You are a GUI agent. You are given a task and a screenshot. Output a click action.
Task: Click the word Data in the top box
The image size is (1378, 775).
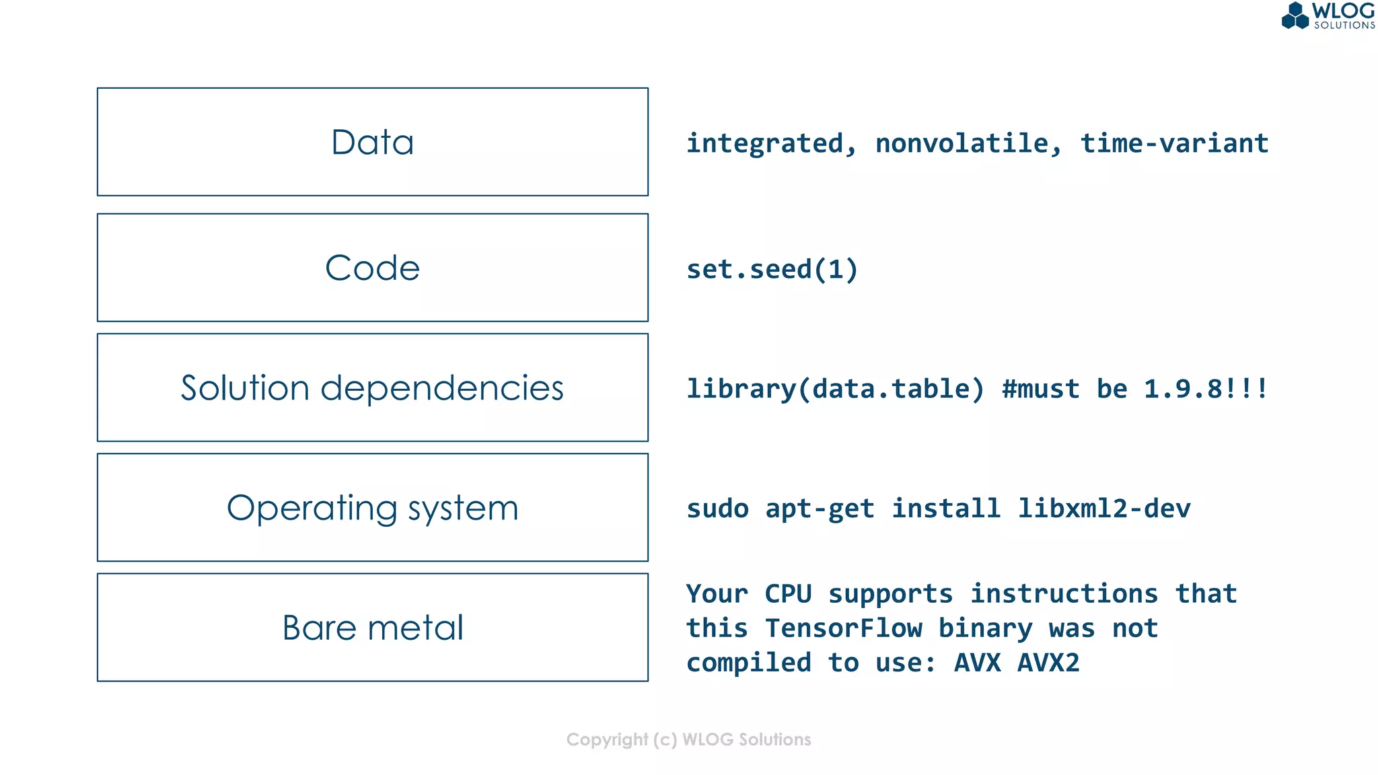[372, 143]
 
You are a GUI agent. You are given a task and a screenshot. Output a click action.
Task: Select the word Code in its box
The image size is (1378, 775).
[372, 268]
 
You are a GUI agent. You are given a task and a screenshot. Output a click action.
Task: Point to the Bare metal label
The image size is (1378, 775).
[372, 628]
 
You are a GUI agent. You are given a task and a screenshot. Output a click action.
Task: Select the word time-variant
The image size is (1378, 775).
[1174, 143]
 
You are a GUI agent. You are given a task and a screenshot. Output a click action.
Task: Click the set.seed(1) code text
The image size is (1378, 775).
[772, 269]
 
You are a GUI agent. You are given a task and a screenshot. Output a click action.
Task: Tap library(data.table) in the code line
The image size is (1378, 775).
[835, 389]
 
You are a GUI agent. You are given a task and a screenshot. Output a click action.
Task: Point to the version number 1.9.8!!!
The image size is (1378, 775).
[1205, 389]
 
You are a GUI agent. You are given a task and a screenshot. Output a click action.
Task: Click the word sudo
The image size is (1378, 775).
[717, 509]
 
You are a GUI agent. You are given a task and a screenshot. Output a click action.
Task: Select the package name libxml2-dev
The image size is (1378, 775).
[1103, 509]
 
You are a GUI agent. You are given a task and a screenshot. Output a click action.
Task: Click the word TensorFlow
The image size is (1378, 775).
[843, 628]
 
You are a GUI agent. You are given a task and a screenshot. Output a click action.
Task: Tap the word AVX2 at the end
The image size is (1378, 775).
[1048, 663]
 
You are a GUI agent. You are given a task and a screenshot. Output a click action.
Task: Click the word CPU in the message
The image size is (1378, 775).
[788, 594]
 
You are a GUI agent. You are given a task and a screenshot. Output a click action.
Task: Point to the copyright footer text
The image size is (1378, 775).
[688, 739]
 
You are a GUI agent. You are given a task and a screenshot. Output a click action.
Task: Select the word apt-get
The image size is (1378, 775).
[820, 509]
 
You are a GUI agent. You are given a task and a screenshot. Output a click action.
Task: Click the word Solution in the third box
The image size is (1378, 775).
[244, 388]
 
